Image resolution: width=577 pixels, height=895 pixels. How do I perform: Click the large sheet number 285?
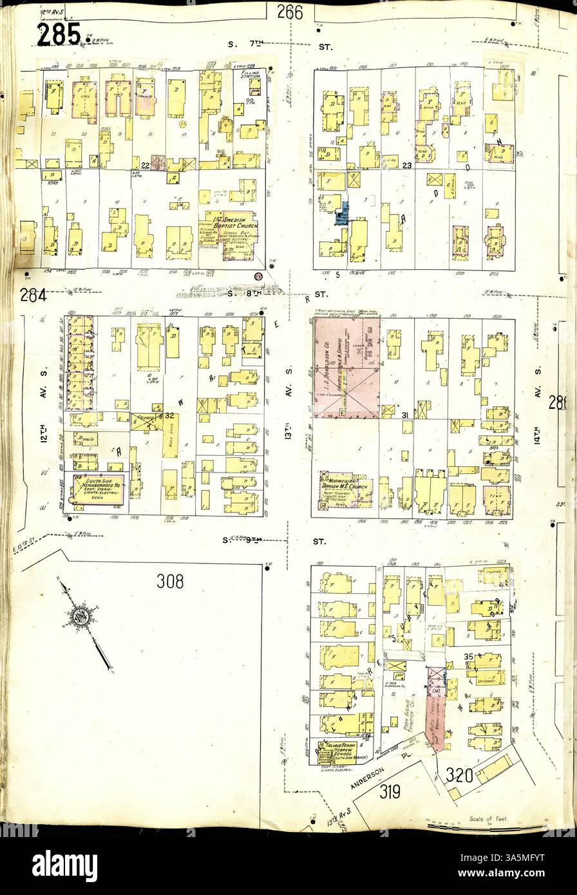[58, 35]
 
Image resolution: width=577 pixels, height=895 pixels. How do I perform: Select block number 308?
[170, 581]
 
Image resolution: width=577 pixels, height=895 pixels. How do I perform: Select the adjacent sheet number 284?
[33, 297]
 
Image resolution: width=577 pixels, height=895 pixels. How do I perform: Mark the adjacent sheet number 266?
[290, 11]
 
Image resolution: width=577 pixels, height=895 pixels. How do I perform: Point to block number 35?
[469, 656]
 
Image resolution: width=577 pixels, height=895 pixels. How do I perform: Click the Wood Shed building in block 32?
[170, 435]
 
